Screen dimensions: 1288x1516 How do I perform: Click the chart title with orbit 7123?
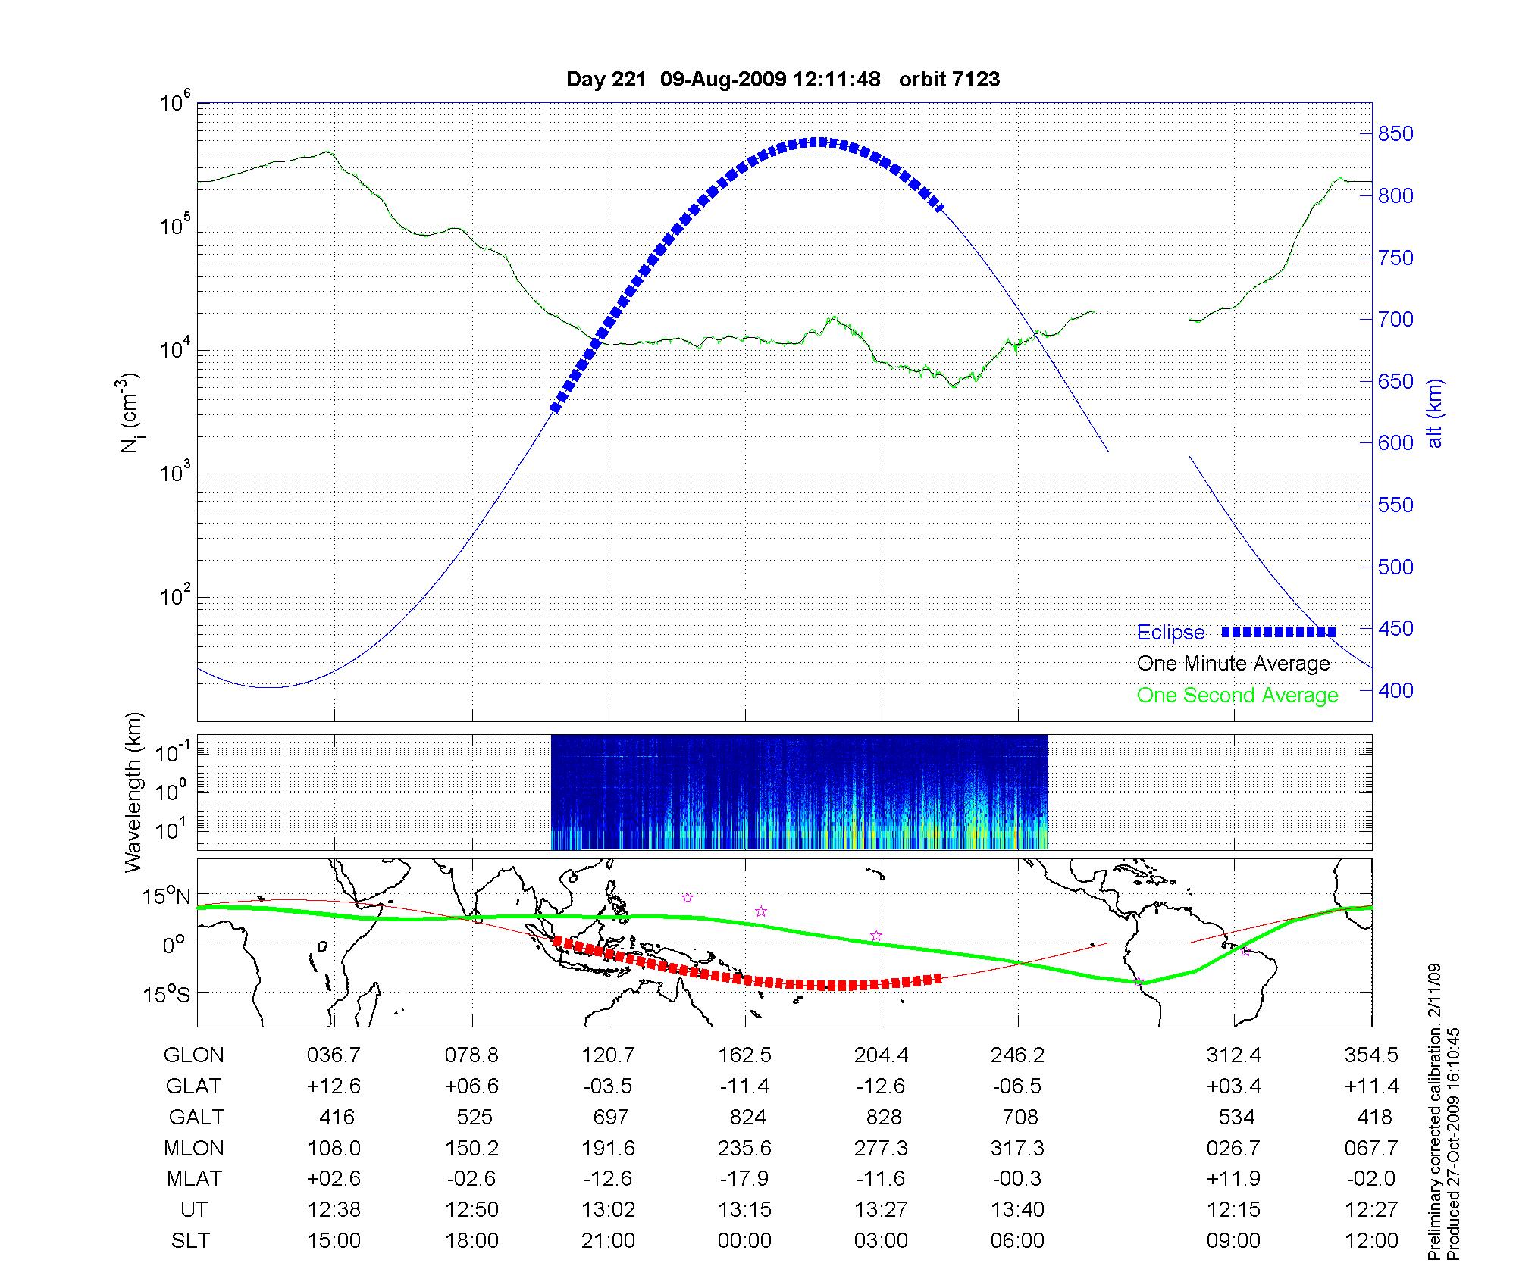[783, 80]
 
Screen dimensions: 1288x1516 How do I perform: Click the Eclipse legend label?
[1170, 633]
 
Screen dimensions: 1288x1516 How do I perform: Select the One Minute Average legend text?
[1233, 664]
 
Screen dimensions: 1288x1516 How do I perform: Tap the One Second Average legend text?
[1237, 696]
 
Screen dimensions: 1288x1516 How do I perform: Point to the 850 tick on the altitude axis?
[1395, 134]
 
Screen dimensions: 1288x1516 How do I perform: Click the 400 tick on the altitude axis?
[1395, 690]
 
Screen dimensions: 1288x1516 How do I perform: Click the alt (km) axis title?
[1435, 413]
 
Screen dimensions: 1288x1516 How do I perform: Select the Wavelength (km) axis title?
[133, 792]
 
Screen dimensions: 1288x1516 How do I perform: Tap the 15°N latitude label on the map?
[167, 897]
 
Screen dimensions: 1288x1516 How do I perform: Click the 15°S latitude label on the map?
[167, 993]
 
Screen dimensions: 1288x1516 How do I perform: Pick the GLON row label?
[194, 1055]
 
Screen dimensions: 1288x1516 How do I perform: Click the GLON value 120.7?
[608, 1055]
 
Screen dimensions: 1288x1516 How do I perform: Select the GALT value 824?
[747, 1118]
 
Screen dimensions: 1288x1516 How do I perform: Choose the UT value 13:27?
[881, 1210]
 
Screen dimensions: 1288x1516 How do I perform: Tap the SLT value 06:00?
[1017, 1241]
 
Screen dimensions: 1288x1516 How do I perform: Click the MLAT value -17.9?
[744, 1179]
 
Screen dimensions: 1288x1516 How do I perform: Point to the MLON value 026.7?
[1233, 1149]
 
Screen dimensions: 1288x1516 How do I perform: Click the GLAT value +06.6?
[471, 1086]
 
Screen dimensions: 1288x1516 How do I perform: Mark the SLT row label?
[190, 1241]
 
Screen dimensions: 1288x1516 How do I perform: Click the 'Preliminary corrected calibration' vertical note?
[1434, 1113]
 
